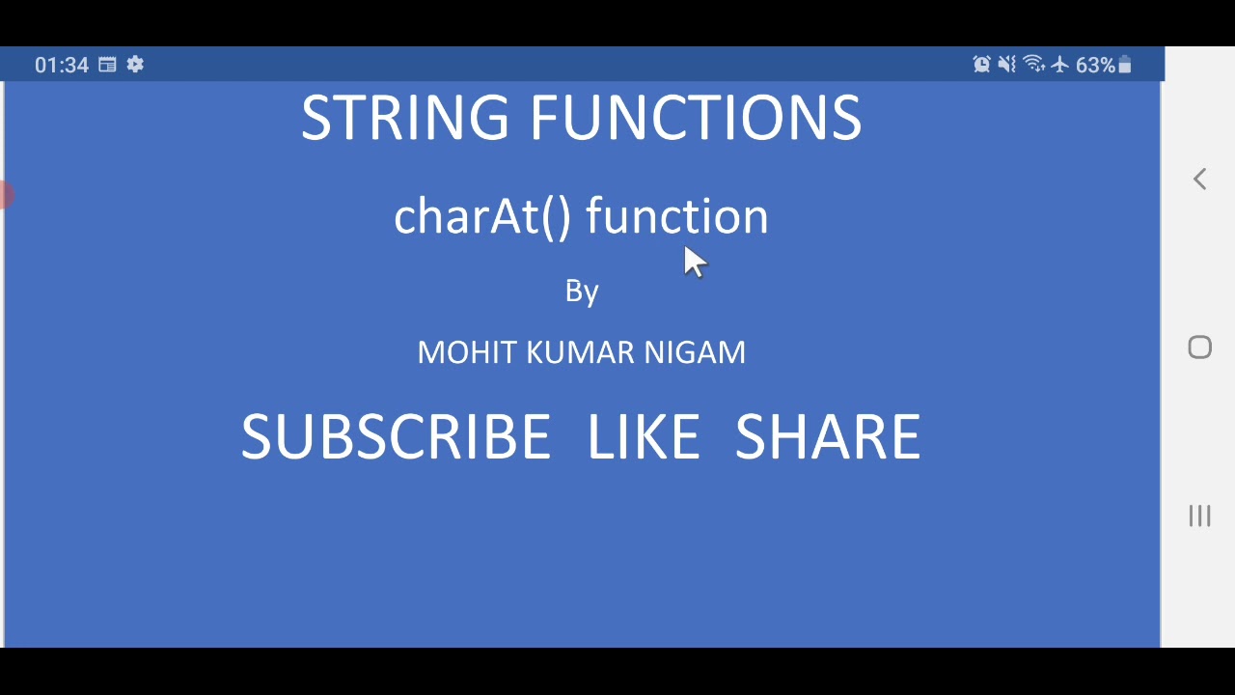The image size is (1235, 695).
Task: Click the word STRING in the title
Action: (x=404, y=119)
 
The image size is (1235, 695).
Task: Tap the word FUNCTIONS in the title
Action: (x=695, y=119)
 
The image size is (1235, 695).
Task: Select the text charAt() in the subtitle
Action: (x=482, y=216)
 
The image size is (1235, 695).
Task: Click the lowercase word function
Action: (x=676, y=216)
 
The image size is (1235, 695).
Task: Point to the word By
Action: (x=582, y=292)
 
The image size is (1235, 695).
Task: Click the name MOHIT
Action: (x=467, y=352)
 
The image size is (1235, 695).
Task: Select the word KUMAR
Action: (x=580, y=352)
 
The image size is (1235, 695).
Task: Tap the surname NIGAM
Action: (x=695, y=352)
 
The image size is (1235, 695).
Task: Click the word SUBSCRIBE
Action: (x=396, y=437)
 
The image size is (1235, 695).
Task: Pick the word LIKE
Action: (x=643, y=437)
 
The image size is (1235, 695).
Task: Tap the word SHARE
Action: (x=828, y=437)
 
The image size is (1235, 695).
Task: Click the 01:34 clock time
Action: (x=62, y=65)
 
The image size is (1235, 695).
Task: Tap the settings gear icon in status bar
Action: (x=135, y=65)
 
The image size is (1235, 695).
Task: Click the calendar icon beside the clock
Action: (x=107, y=65)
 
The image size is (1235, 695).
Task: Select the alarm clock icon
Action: (x=981, y=65)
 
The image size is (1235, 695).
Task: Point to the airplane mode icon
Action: (x=1060, y=65)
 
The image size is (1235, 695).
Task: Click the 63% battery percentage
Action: (x=1095, y=65)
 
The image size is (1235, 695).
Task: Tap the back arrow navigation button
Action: (x=1199, y=179)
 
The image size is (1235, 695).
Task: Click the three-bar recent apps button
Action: (x=1199, y=516)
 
